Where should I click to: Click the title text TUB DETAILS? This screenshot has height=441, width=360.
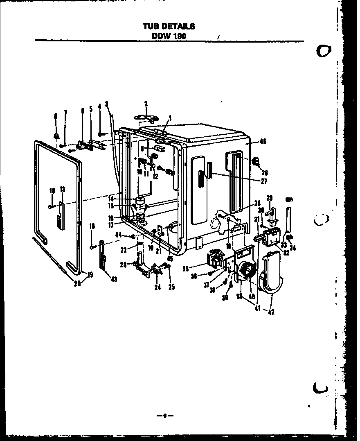coord(169,26)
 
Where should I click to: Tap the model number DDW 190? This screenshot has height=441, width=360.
coord(169,36)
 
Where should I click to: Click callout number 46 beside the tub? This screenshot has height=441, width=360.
coord(263,142)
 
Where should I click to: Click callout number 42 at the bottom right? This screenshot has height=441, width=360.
coord(271,312)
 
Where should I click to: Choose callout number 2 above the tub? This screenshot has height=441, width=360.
coord(146,103)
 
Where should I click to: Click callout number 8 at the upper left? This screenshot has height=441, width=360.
coord(56,116)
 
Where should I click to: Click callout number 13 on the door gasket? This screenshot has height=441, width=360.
coord(62,189)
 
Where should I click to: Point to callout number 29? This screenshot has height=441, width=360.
coord(270,198)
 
